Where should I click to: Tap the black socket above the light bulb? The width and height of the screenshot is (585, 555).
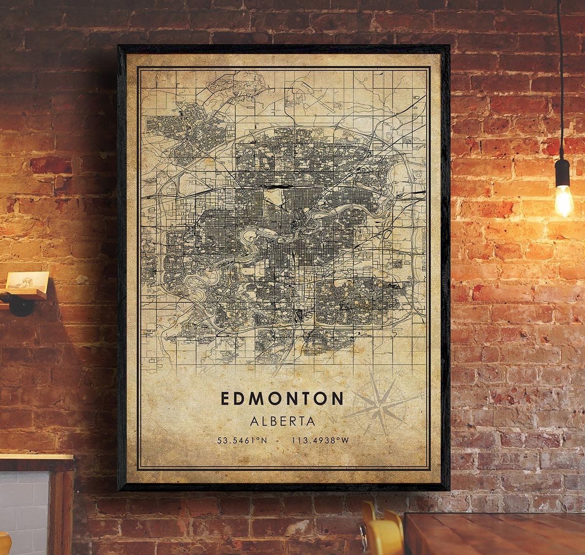[562, 172]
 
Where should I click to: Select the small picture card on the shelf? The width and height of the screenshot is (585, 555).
[27, 282]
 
